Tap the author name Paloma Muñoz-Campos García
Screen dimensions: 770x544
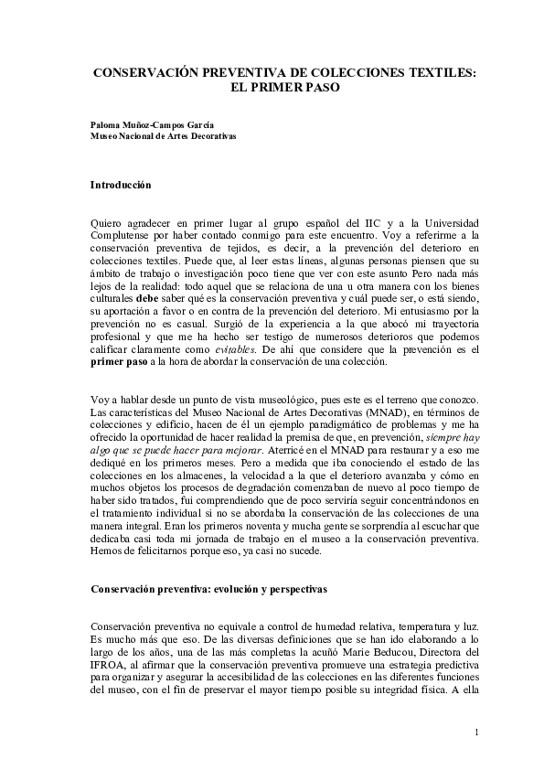coord(152,123)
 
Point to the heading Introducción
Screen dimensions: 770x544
coord(120,185)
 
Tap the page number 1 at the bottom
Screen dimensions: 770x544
coord(477,733)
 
